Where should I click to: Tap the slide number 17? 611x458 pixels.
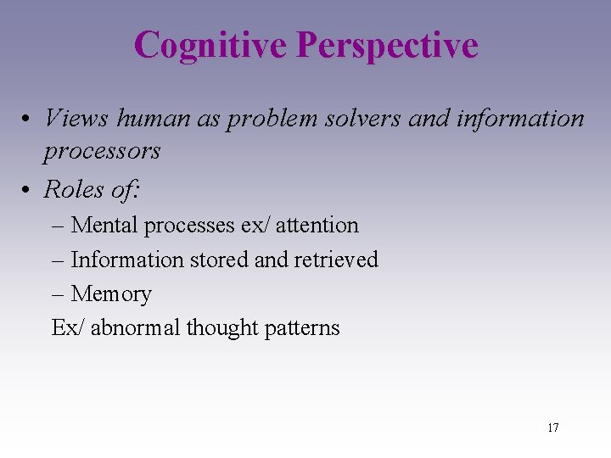pos(552,427)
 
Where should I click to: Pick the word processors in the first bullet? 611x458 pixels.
pos(102,152)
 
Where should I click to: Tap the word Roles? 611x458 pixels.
pos(73,190)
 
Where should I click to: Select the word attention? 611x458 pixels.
pos(317,226)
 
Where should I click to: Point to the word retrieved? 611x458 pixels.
pos(336,260)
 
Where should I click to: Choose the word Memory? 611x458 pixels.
pos(111,294)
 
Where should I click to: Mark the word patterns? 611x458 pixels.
pos(303,328)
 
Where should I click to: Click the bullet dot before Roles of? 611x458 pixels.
pos(29,191)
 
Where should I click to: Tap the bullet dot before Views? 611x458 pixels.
pos(29,119)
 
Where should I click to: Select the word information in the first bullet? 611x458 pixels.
pos(519,118)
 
